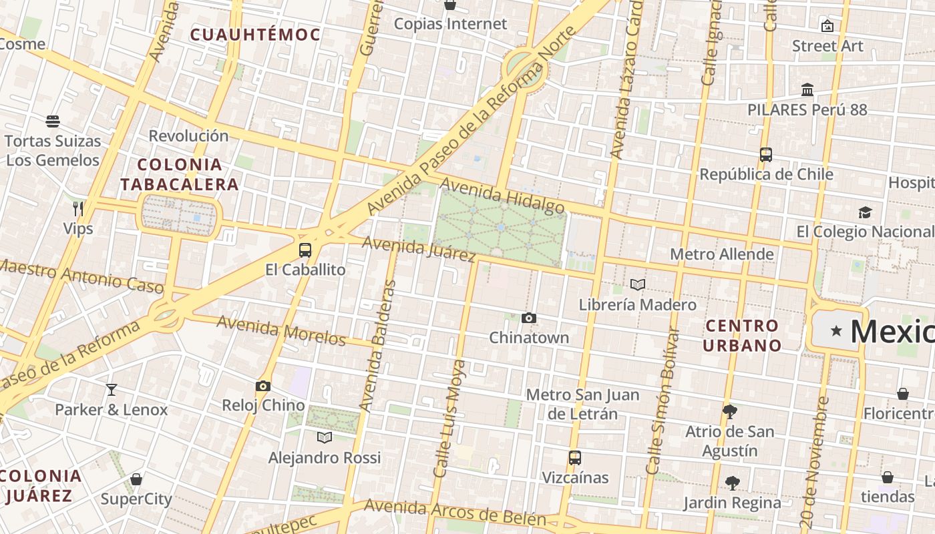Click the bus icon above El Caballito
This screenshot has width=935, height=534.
[x=305, y=250]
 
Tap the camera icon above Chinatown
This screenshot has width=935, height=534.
[x=529, y=318]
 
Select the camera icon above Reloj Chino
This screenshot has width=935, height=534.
[x=263, y=386]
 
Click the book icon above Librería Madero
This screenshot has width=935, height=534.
[x=638, y=285]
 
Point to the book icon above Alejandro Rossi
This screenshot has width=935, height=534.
[x=325, y=437]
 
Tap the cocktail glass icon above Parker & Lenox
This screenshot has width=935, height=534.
[x=112, y=389]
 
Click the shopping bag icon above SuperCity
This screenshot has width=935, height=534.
[x=136, y=479]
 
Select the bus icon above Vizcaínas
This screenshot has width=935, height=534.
[x=575, y=458]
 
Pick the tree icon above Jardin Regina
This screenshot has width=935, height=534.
[x=733, y=483]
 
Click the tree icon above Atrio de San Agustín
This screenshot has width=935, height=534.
[x=730, y=411]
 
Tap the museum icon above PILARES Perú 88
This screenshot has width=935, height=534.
[x=807, y=89]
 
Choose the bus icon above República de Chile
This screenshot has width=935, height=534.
[x=766, y=155]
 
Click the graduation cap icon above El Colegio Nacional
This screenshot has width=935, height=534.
[x=865, y=212]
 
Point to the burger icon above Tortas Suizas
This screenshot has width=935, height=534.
[x=53, y=121]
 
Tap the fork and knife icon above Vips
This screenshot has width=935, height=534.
[x=78, y=209]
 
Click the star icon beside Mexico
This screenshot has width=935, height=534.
[x=836, y=330]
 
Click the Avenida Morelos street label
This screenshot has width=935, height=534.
[x=281, y=330]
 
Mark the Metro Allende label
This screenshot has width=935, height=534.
[x=722, y=254]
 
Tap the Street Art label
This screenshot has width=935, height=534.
[x=827, y=46]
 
